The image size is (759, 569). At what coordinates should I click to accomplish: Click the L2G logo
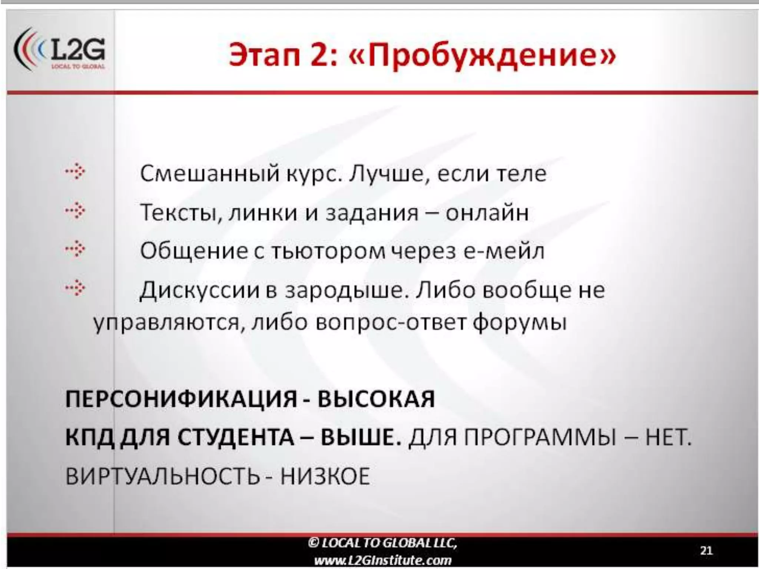point(59,50)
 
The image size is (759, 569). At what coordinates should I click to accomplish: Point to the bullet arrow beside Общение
point(75,249)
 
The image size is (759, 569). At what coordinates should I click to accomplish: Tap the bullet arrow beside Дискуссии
point(75,288)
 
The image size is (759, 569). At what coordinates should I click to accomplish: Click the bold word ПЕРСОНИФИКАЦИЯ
point(181,399)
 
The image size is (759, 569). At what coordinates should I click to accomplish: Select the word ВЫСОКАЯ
point(376,399)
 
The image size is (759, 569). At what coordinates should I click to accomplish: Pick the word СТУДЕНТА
point(235,438)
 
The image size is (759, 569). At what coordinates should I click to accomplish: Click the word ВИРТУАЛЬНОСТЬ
point(162,476)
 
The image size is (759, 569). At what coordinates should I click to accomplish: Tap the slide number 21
point(706,550)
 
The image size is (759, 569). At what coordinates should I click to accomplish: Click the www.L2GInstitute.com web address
point(382,560)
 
